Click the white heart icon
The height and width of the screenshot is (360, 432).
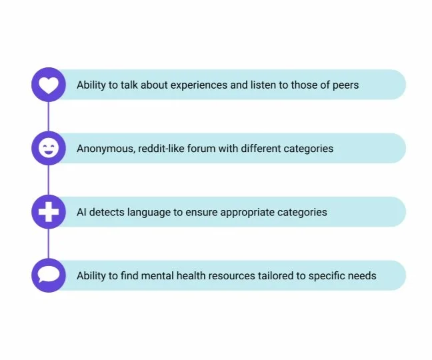pos(49,85)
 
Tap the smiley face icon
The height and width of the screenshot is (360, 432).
pos(49,148)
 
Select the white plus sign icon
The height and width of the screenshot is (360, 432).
pos(49,212)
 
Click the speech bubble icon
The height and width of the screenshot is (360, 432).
pos(49,275)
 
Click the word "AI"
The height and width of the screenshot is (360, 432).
pos(81,212)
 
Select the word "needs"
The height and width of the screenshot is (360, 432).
pos(363,275)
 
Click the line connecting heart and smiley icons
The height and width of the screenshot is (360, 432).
pos(49,117)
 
